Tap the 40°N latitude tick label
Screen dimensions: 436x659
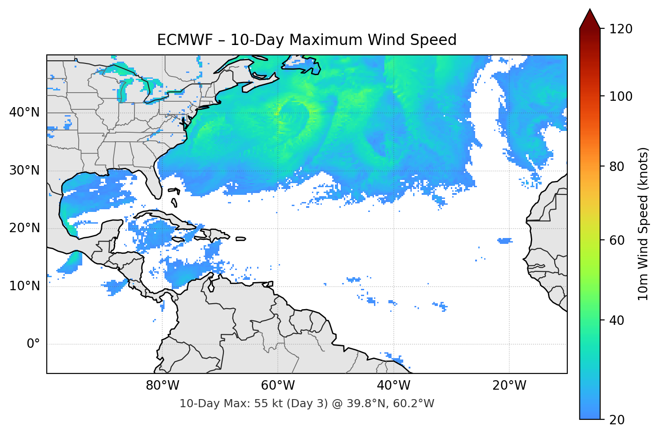24,112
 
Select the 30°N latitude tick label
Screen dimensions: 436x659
24,171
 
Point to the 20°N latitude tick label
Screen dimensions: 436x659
24,228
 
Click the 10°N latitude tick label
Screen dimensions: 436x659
24,286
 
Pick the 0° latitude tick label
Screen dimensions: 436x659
33,344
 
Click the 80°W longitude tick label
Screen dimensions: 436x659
162,386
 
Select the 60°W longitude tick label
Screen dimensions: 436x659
278,386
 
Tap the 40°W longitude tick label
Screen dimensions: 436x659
394,386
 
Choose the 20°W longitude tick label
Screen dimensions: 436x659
509,386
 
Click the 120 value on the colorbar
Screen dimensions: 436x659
621,29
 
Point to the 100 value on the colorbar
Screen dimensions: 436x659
621,96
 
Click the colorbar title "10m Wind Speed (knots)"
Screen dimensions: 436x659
643,224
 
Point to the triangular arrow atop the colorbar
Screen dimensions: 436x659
590,19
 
